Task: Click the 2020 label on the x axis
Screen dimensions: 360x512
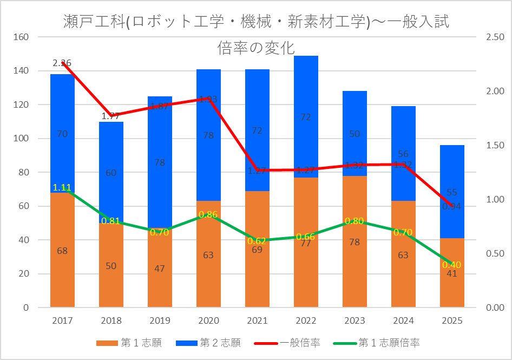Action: (208, 320)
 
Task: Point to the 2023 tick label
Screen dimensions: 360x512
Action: (355, 320)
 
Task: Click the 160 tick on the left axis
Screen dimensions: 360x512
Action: (22, 37)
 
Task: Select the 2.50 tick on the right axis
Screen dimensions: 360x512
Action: (495, 37)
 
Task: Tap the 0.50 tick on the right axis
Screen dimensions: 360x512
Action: (495, 254)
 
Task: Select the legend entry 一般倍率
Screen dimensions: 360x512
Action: (300, 343)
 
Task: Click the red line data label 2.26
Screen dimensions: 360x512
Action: (62, 63)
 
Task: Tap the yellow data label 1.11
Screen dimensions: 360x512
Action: (62, 188)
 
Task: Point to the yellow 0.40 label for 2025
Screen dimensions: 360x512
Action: (451, 265)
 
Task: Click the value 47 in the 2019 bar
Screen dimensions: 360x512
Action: (160, 269)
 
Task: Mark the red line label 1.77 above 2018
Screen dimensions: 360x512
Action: (110, 116)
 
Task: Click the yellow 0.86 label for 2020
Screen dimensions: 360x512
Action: (208, 214)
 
